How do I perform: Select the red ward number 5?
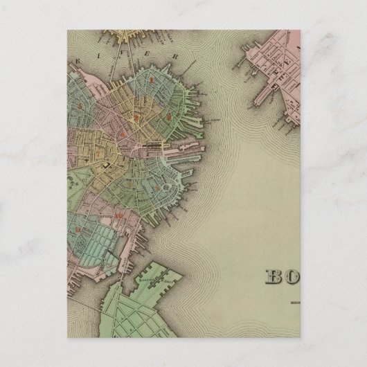(86, 105)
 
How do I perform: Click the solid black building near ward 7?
(106, 167)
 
